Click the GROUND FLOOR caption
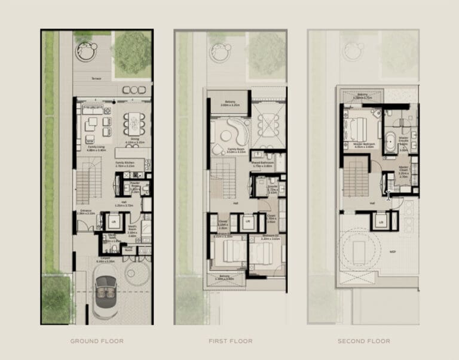(97, 341)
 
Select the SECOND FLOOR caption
(363, 341)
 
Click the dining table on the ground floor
(135, 124)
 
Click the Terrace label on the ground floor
(96, 79)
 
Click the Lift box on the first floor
(247, 221)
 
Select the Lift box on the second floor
(380, 222)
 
